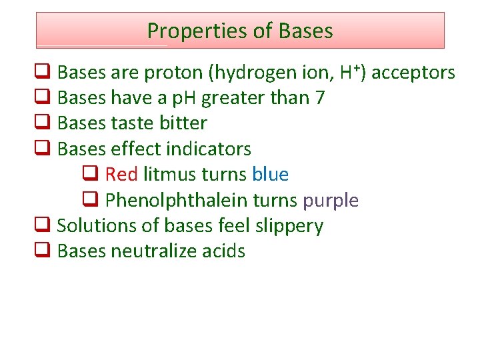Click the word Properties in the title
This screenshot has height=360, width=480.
pos(186,31)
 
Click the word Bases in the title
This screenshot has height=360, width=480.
pos(306,31)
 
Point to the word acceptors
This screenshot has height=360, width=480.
pos(413,73)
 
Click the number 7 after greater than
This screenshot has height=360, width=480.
pos(320,98)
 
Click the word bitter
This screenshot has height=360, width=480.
pos(183,123)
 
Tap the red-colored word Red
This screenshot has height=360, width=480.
pos(121,175)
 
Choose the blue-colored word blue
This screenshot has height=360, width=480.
pos(270,175)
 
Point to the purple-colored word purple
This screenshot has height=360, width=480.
pos(331,201)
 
